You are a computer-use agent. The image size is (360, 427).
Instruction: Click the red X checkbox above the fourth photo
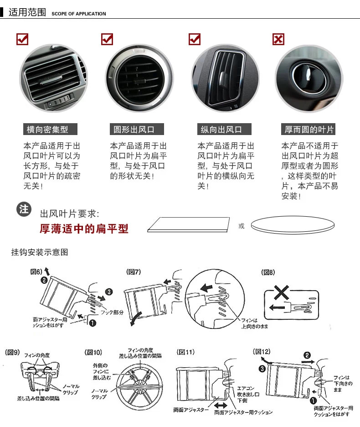pos(278,39)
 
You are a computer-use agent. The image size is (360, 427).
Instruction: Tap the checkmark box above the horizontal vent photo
pos(22,39)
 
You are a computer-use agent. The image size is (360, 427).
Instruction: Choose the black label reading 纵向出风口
pos(221,130)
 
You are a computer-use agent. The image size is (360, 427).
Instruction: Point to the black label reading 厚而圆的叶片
pos(309,130)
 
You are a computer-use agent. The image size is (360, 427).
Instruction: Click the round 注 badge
pos(24,209)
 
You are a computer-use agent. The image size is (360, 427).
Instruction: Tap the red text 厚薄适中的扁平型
pos(84,228)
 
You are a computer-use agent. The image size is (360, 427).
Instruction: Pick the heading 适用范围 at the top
pos(27,12)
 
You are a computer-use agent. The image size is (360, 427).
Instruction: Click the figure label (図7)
pos(134,272)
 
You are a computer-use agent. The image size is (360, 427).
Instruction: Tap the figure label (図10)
pos(93,352)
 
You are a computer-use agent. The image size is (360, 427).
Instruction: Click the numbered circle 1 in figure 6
pos(93,323)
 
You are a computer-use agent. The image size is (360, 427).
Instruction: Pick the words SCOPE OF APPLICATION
pos(78,14)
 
